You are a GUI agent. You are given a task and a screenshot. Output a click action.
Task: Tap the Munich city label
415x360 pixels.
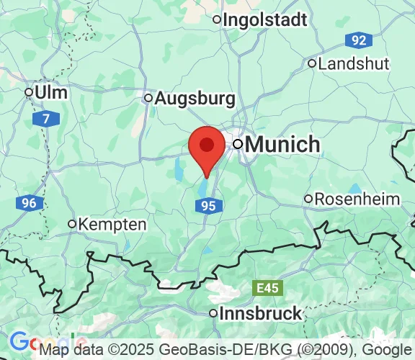click(282, 144)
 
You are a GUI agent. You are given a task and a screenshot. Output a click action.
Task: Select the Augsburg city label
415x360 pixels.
click(195, 97)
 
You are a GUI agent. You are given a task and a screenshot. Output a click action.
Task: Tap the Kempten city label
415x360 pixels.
click(112, 224)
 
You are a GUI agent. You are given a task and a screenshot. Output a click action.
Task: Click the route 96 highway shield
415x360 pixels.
click(28, 204)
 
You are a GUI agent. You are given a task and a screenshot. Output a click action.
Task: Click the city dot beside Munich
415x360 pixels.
click(237, 145)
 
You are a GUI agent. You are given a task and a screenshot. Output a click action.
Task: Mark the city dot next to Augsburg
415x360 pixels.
click(148, 98)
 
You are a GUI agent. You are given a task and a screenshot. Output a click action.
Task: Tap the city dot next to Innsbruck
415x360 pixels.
click(213, 313)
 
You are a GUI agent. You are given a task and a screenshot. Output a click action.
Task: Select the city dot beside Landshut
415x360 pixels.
click(312, 63)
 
